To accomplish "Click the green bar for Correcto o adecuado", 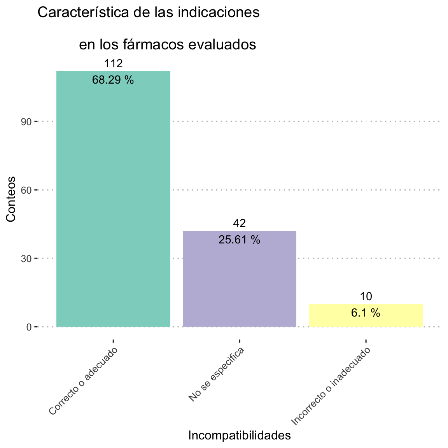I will pos(113,202).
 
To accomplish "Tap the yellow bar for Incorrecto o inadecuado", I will pos(366,321).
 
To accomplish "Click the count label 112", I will pos(113,64).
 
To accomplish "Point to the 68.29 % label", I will pos(113,80).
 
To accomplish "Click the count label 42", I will pos(239,223).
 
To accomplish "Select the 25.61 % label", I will pos(239,240).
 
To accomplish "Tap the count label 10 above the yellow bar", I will pos(366,296).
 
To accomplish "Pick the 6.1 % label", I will pos(366,313).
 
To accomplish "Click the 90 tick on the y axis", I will pos(26,122).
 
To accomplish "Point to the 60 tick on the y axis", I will pos(26,190).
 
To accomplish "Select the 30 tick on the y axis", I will pos(26,259).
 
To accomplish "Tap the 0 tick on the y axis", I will pos(29,327).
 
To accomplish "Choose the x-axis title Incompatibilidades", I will pos(239,436).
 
